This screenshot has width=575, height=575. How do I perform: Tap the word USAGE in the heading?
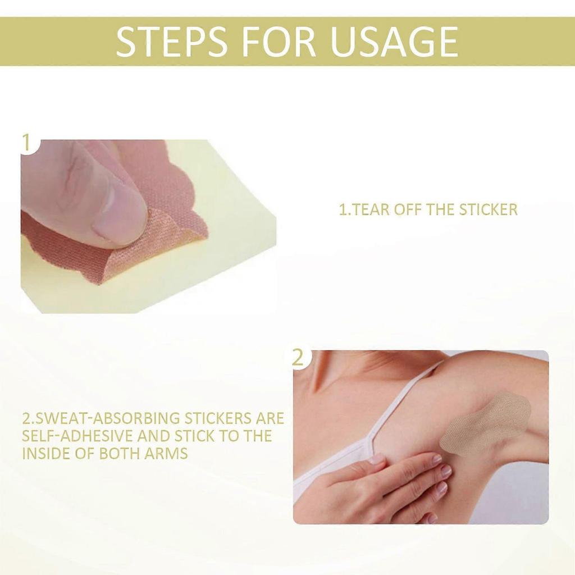(394, 41)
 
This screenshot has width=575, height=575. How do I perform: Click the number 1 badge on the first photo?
(25, 143)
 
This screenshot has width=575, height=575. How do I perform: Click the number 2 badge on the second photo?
(298, 358)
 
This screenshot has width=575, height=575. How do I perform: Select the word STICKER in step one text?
(488, 210)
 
